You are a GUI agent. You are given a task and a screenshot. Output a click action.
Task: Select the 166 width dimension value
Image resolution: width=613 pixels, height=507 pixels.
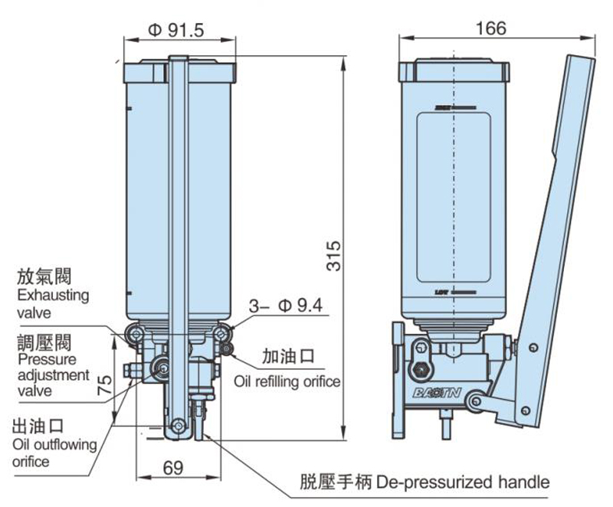click(491, 28)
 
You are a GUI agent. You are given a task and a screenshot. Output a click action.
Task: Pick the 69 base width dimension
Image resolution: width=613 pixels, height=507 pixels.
click(174, 466)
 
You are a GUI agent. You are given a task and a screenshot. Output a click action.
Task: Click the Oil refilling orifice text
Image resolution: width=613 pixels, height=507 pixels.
click(287, 381)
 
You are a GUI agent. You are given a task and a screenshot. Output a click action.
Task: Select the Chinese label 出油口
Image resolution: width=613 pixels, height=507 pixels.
click(37, 427)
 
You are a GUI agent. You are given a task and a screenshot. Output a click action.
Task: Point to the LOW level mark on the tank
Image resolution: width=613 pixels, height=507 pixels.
click(443, 293)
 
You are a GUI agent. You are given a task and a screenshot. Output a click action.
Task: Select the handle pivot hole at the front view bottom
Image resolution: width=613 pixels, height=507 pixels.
click(178, 426)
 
